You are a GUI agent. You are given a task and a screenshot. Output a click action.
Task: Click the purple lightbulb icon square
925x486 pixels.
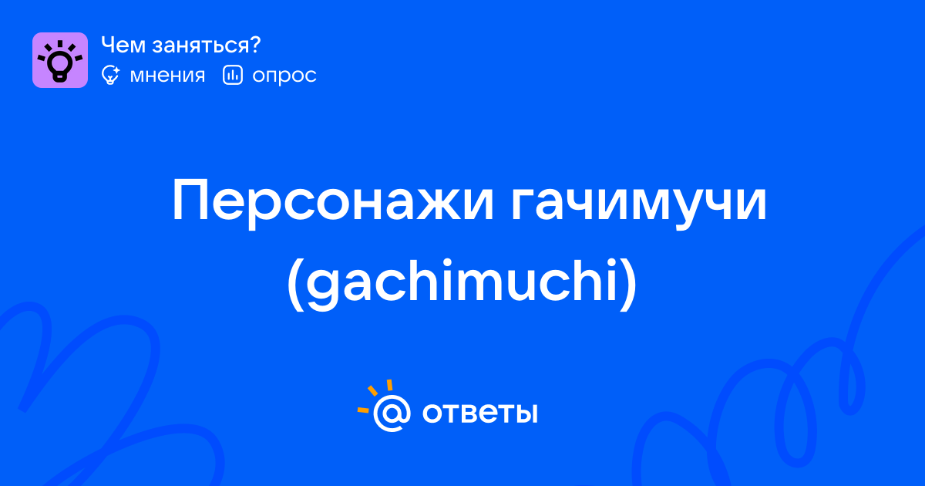pyautogui.click(x=60, y=60)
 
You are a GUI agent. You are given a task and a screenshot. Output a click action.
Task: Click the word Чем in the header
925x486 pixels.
pyautogui.click(x=123, y=45)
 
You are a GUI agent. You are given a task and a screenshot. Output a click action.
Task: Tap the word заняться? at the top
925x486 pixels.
pyautogui.click(x=207, y=46)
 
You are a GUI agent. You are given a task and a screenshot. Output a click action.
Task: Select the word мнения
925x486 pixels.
pyautogui.click(x=167, y=76)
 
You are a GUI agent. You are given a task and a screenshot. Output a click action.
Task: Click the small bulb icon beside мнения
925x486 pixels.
pyautogui.click(x=110, y=76)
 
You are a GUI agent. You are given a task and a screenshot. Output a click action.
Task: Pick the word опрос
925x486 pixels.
pyautogui.click(x=284, y=76)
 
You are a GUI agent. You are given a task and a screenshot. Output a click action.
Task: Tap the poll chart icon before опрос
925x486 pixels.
pyautogui.click(x=233, y=76)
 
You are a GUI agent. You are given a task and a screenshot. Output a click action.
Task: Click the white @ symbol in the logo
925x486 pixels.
pyautogui.click(x=392, y=413)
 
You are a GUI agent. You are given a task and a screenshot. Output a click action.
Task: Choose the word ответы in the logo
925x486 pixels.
pyautogui.click(x=479, y=413)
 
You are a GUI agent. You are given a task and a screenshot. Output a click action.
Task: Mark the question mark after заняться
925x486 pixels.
pyautogui.click(x=254, y=45)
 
